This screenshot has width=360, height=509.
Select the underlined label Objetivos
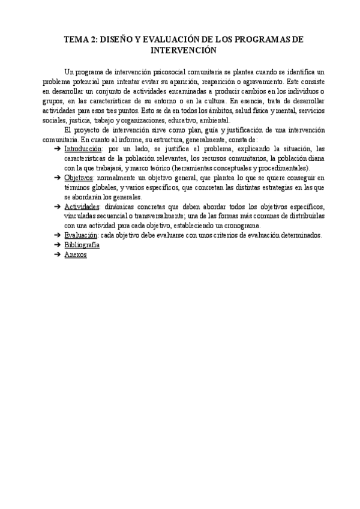pos(79,178)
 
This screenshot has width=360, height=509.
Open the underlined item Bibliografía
pos(82,244)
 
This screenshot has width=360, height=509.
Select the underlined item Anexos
pos(75,254)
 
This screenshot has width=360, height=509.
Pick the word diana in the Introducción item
pos(316,158)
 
